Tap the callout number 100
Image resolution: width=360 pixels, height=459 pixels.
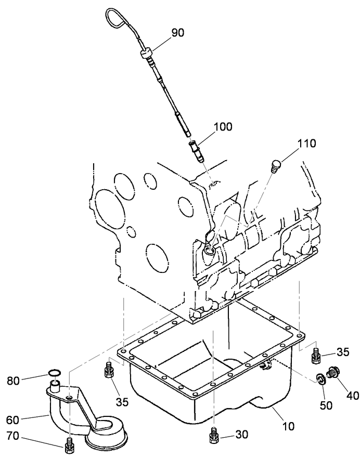(x=222, y=126)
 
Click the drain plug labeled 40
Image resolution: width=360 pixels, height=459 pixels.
(x=332, y=372)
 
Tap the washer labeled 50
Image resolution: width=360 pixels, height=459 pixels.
(x=320, y=381)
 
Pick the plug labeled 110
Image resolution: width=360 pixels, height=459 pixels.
(x=276, y=166)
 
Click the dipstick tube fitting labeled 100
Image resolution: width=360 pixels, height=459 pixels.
(x=196, y=149)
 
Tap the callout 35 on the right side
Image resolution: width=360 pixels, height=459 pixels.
(x=343, y=352)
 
